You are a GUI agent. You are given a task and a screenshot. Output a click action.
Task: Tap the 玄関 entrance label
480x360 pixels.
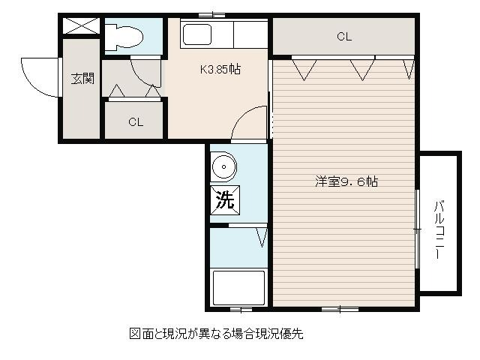tap(82, 79)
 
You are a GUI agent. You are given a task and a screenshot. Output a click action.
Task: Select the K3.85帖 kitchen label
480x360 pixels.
tap(220, 69)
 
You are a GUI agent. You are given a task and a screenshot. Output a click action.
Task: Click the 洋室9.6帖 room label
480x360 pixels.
tap(346, 181)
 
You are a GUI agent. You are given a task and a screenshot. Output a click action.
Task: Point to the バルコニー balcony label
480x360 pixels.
tap(439, 229)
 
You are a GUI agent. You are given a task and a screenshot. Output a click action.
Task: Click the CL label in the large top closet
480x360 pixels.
tap(344, 37)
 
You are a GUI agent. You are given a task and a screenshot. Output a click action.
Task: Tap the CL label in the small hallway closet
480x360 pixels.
tap(136, 122)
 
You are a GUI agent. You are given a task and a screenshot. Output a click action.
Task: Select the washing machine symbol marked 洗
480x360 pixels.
tap(225, 200)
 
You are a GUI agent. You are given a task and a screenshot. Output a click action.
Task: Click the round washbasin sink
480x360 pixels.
tap(223, 166)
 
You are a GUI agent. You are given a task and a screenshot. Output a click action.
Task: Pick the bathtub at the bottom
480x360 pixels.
tap(238, 288)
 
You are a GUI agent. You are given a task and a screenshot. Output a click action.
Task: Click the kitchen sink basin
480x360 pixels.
tap(197, 34)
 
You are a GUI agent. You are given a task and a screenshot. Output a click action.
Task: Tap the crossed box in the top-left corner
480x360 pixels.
tap(81, 25)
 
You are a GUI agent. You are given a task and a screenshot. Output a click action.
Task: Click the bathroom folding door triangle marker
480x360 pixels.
tap(262, 238)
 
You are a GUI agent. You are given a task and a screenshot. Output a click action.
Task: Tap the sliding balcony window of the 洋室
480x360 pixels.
tap(417, 229)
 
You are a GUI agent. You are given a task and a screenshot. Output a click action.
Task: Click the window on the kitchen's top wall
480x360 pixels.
tap(211, 15)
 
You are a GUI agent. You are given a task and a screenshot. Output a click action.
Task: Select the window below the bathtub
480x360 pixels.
tap(241, 310)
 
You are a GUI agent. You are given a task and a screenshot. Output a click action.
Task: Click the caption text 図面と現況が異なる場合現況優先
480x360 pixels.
tap(217, 333)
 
